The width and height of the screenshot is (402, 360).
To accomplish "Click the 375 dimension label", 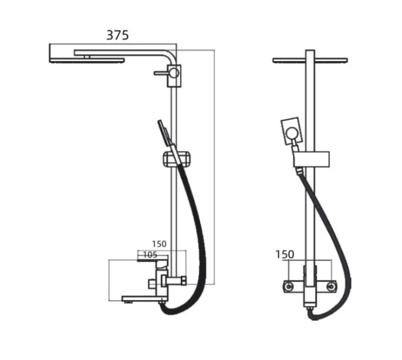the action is [117, 35].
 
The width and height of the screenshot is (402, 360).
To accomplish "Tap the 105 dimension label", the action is [150, 255].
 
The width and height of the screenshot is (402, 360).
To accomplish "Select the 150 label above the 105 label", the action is [159, 244].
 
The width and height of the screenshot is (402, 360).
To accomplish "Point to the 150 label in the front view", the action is [285, 254].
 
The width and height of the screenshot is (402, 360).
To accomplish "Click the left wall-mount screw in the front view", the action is [289, 286].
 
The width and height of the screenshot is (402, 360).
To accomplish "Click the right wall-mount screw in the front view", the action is [331, 286].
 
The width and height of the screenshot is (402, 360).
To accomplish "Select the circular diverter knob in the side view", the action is [174, 73].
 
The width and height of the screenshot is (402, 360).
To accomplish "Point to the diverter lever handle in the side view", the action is [161, 73].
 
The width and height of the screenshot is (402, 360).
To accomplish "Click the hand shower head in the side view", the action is [164, 133].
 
